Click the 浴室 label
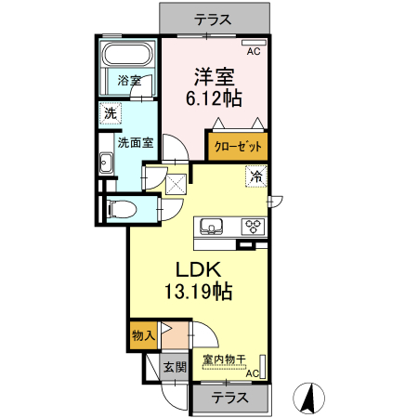[x=129, y=81]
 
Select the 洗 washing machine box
[x=111, y=114]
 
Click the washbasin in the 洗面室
[x=105, y=165]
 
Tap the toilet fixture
[x=118, y=209]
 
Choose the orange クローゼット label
[x=237, y=147]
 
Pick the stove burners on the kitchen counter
[x=253, y=226]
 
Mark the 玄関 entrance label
[x=175, y=367]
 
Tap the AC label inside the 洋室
[x=254, y=52]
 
